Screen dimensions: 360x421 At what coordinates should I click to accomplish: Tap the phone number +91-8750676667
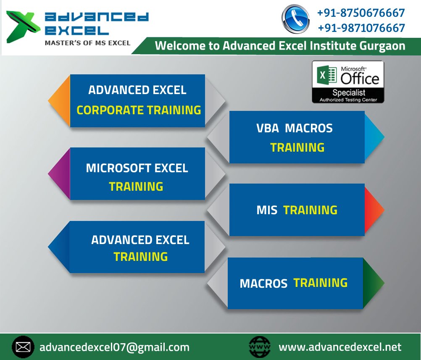pos(361,13)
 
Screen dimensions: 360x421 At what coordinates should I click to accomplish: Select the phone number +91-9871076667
pos(361,28)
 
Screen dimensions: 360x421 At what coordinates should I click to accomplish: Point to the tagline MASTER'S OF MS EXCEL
pos(88,42)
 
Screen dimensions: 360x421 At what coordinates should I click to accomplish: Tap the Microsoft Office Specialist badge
pos(347,82)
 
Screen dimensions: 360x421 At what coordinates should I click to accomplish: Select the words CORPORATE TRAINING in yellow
pos(139,110)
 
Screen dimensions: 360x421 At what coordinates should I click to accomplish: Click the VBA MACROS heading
pos(294,128)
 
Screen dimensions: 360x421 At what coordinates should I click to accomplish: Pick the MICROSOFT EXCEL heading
pos(137,168)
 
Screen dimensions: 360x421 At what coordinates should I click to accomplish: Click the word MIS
pos(267,210)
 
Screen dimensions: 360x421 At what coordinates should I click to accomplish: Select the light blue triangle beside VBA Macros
pos(374,137)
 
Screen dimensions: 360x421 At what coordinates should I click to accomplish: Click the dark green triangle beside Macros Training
pos(373,283)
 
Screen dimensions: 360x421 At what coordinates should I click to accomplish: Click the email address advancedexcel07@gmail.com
pos(114,347)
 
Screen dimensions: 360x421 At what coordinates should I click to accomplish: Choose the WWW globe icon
pos(260,347)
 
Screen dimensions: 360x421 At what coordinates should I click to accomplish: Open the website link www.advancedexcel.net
pos(340,347)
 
